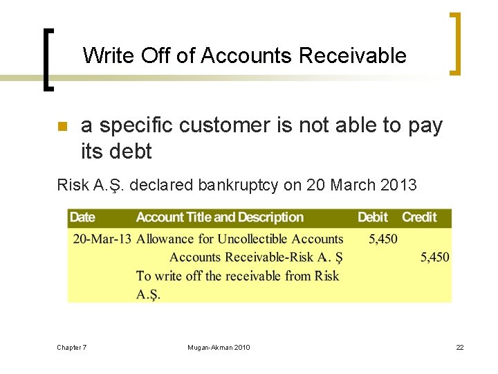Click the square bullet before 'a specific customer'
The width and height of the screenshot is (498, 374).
61,127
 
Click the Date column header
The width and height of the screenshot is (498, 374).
82,217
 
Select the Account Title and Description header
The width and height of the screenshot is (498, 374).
220,217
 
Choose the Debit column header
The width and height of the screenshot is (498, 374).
373,217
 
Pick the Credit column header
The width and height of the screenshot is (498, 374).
419,217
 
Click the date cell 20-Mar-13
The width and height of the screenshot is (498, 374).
102,239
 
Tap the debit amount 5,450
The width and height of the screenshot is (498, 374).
382,239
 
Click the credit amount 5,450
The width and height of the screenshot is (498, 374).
434,257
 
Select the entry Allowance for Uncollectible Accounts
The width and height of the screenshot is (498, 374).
239,239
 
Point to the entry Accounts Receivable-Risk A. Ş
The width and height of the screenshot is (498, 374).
256,257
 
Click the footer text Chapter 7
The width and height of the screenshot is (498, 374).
72,347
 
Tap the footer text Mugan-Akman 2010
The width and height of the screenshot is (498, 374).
219,347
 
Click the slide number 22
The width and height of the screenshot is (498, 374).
459,347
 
